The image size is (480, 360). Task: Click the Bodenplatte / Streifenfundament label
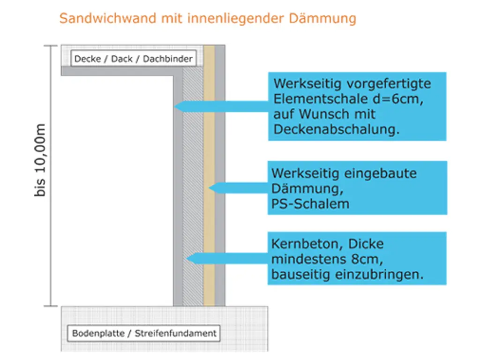click(x=144, y=334)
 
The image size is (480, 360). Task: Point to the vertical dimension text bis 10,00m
click(x=41, y=160)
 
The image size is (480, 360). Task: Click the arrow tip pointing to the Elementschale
click(x=175, y=106)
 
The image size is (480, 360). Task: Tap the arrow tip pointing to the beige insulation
click(x=210, y=188)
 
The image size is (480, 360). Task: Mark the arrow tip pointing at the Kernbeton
click(x=187, y=258)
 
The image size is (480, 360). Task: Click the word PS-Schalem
click(x=310, y=204)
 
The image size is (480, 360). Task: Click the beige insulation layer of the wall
click(x=209, y=234)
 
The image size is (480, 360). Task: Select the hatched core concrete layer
click(x=193, y=211)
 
